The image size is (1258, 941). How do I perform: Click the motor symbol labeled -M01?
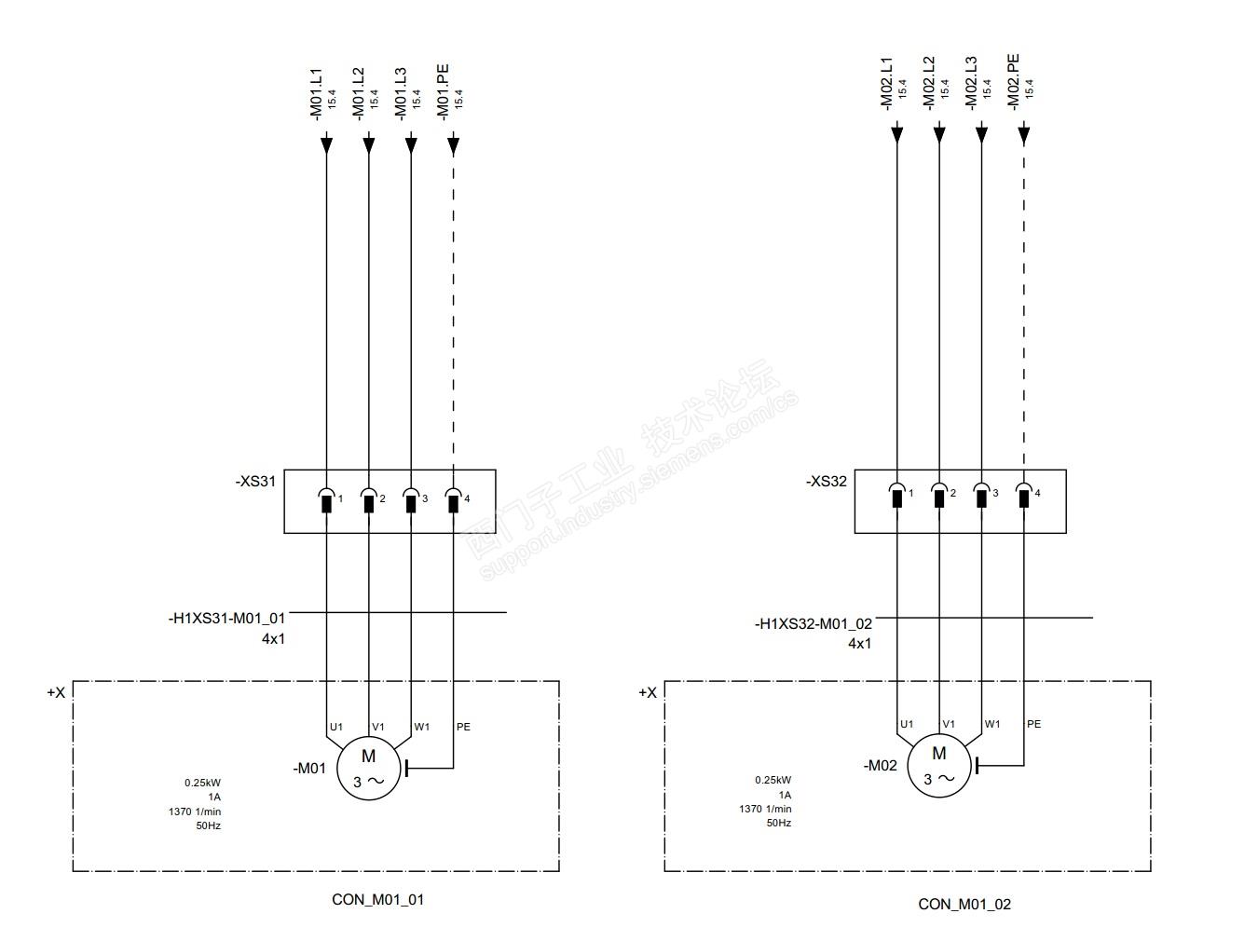pyautogui.click(x=368, y=768)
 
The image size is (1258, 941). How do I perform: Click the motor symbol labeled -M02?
pyautogui.click(x=938, y=765)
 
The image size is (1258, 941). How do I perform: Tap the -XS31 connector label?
pyautogui.click(x=255, y=481)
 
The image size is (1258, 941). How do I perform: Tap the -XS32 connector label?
pyautogui.click(x=826, y=481)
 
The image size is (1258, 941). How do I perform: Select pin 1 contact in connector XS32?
pyautogui.click(x=897, y=495)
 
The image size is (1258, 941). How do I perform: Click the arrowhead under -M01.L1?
pyautogui.click(x=327, y=143)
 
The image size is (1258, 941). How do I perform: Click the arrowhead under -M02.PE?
pyautogui.click(x=1023, y=134)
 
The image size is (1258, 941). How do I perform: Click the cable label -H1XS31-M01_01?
pyautogui.click(x=226, y=618)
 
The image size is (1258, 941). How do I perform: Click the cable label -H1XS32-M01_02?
pyautogui.click(x=814, y=623)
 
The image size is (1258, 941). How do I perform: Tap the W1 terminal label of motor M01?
pyautogui.click(x=422, y=726)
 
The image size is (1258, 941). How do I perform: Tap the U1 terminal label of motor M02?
pyautogui.click(x=907, y=724)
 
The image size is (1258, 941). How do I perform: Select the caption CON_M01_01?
pyautogui.click(x=377, y=899)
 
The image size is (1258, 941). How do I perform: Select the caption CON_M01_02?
pyautogui.click(x=964, y=904)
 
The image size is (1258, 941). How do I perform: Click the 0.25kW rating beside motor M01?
pyautogui.click(x=202, y=783)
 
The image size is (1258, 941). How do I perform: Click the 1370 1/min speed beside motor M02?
pyautogui.click(x=765, y=809)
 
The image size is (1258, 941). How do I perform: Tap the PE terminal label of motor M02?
pyautogui.click(x=1034, y=724)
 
